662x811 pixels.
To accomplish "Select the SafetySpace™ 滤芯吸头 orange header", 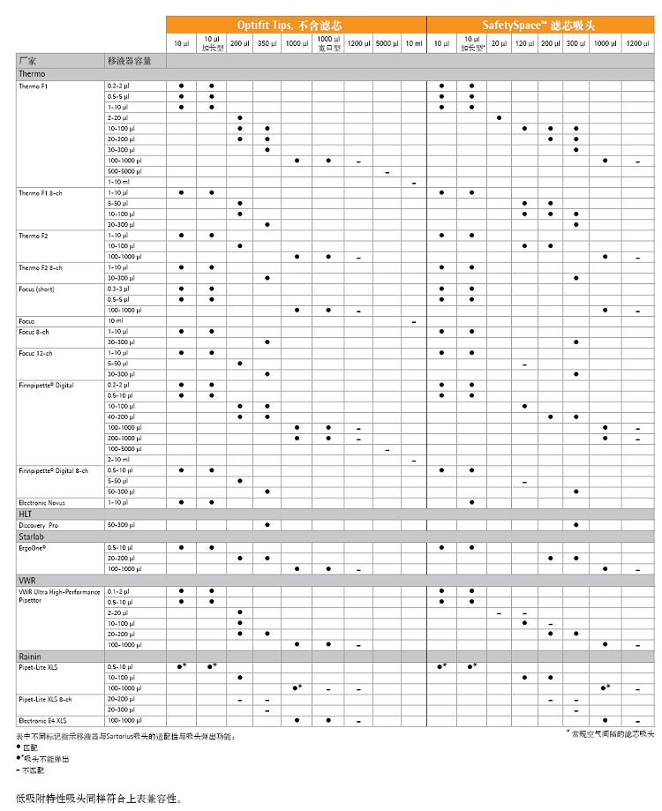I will (538, 25).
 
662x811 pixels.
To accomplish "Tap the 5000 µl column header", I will (387, 43).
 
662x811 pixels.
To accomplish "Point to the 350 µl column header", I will (267, 43).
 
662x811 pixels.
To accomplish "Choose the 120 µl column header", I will (524, 43).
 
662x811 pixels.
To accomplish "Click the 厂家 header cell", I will (27, 61).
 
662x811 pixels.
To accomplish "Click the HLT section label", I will (26, 513).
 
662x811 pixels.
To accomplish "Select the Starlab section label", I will (32, 536).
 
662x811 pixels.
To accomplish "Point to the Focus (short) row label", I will (40, 289).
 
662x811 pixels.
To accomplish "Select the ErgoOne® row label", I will (34, 547).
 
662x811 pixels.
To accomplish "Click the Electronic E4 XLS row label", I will (43, 720).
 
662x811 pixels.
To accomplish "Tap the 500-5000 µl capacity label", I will (124, 171).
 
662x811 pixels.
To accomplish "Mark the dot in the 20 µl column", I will (499, 117).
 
